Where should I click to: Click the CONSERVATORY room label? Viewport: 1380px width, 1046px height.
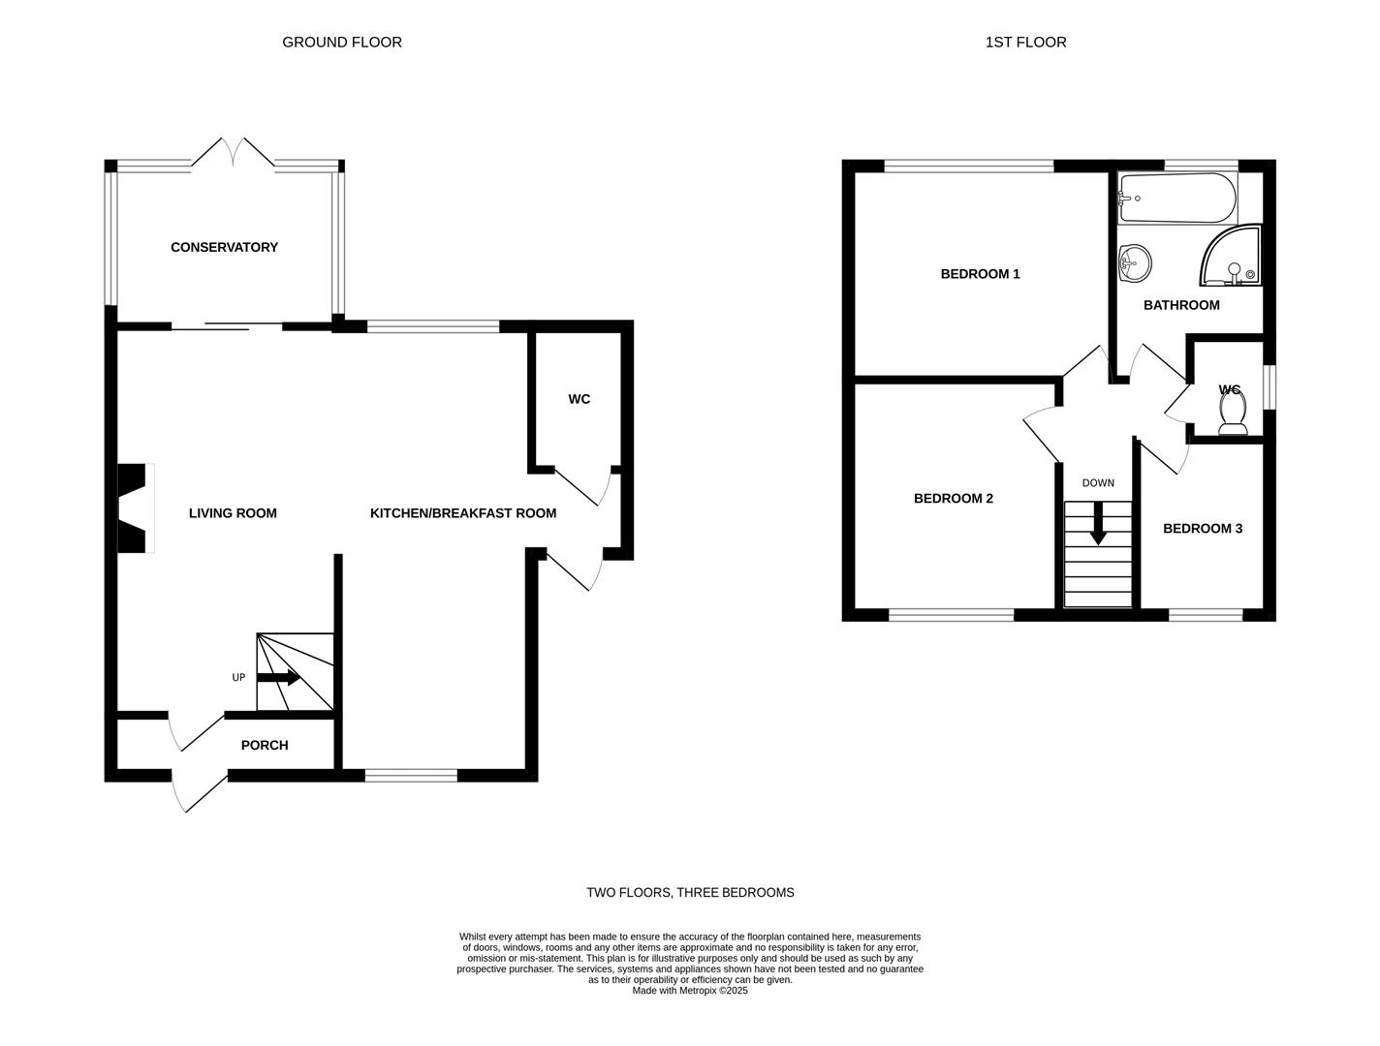click(224, 247)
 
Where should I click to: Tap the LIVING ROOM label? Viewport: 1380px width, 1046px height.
click(233, 513)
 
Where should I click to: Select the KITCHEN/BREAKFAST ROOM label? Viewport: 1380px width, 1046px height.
click(462, 513)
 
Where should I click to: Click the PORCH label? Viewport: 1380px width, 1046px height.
click(264, 745)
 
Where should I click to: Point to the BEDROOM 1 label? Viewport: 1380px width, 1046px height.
click(980, 274)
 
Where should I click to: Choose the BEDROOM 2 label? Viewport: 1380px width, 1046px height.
click(953, 498)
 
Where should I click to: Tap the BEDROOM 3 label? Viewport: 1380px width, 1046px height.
click(1202, 529)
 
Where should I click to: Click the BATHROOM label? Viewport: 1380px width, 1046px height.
click(1180, 305)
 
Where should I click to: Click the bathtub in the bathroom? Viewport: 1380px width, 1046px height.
click(1176, 198)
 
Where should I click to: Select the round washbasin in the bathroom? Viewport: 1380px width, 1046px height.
click(1135, 263)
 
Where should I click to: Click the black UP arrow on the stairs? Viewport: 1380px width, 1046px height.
click(278, 677)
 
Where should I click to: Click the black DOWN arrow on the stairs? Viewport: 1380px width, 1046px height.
click(1098, 523)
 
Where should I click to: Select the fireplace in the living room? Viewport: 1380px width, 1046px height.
click(136, 508)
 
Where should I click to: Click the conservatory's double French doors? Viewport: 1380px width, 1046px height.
click(233, 153)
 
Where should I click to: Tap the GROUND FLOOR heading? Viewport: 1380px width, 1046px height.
click(341, 42)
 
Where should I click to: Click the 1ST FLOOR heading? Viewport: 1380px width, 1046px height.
click(1025, 42)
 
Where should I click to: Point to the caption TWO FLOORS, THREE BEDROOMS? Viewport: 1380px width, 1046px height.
click(690, 892)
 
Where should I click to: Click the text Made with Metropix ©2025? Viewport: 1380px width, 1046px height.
click(690, 990)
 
